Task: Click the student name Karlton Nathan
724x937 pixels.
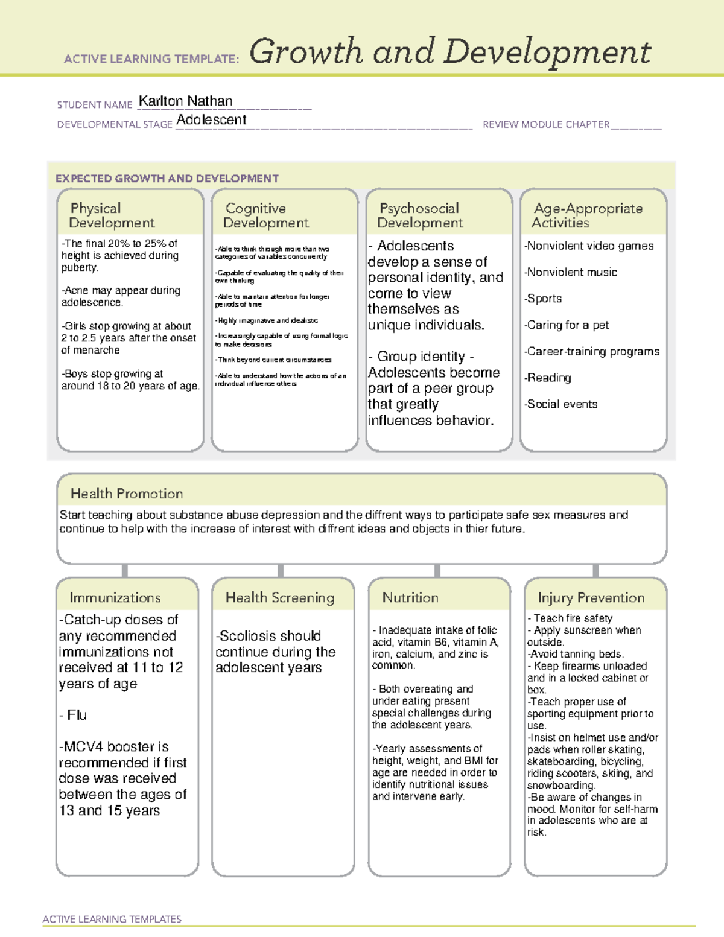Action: (185, 101)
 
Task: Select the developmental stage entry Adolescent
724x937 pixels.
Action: (211, 120)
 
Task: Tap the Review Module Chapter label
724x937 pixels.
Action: (545, 125)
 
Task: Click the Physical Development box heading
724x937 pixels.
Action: (112, 215)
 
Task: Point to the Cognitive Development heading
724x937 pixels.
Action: (265, 215)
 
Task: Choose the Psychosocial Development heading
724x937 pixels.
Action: (420, 215)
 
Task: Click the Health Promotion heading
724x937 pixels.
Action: (127, 494)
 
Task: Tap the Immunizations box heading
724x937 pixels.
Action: (115, 597)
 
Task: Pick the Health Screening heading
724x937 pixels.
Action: (280, 597)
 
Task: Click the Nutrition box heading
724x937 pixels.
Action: (410, 597)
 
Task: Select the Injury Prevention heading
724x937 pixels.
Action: (591, 597)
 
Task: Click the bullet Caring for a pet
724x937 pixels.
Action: (567, 325)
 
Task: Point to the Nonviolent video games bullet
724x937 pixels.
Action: (589, 246)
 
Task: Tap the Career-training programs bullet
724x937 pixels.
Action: (592, 352)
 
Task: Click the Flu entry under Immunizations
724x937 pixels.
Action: (77, 715)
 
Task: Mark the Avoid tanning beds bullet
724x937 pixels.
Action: (576, 654)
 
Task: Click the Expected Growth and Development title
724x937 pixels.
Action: (167, 179)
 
